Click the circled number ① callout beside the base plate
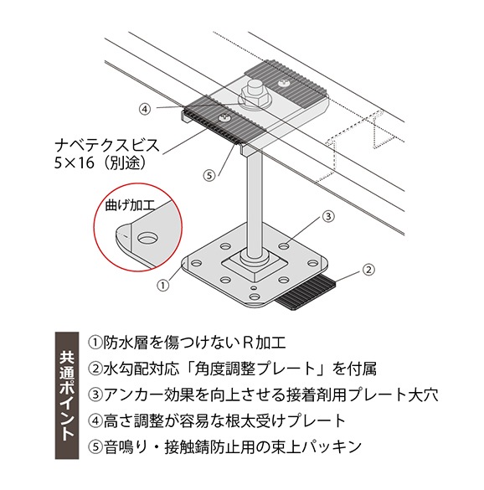pyautogui.click(x=162, y=285)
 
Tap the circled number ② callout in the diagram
pyautogui.click(x=368, y=269)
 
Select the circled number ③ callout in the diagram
pyautogui.click(x=328, y=216)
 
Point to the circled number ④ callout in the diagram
pyautogui.click(x=145, y=109)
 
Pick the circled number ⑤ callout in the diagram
pyautogui.click(x=209, y=175)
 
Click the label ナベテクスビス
pyautogui.click(x=107, y=145)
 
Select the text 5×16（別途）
pyautogui.click(x=100, y=162)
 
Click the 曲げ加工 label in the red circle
pyautogui.click(x=130, y=205)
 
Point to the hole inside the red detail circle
pyautogui.click(x=147, y=239)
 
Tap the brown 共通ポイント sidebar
pyautogui.click(x=67, y=395)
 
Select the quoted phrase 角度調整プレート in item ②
pyautogui.click(x=255, y=369)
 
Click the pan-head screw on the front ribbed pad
pyautogui.click(x=224, y=118)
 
